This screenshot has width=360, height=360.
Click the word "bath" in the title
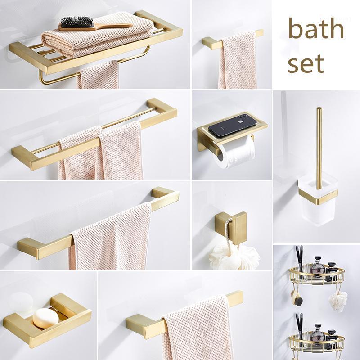316,28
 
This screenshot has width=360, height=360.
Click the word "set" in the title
306,63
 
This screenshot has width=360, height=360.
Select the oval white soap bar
46,318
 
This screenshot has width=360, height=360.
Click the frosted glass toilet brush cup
318,202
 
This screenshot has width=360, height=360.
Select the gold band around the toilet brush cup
318,196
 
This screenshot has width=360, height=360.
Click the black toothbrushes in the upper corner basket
299,262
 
